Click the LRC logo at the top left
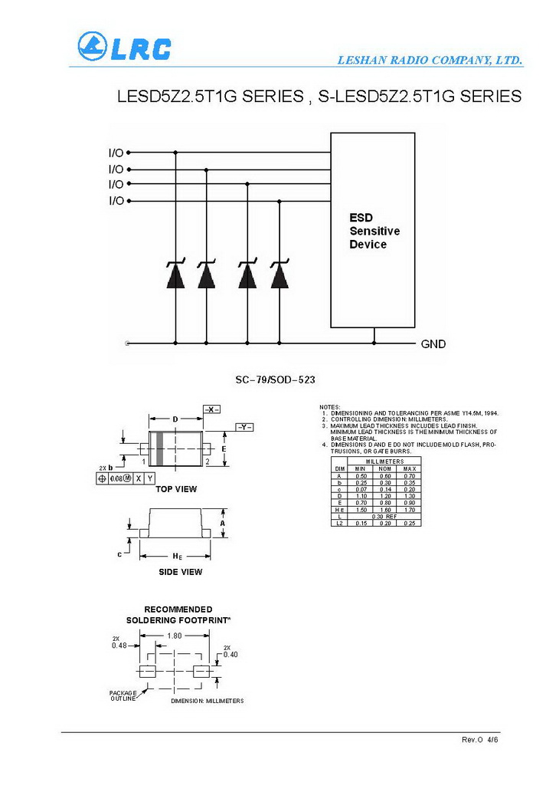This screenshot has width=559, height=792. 124,47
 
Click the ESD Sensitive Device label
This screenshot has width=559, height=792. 374,231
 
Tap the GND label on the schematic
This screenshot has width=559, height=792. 433,344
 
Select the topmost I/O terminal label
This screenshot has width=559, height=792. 116,153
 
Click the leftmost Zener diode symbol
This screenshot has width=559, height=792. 175,274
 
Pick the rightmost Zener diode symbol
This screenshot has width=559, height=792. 279,274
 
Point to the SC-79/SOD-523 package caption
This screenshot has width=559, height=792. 275,380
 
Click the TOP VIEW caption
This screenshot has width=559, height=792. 176,489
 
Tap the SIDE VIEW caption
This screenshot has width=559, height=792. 180,572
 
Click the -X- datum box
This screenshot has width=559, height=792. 212,410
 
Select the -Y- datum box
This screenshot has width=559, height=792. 244,426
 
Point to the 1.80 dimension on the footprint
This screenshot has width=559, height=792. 175,636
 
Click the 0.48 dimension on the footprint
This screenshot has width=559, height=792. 119,646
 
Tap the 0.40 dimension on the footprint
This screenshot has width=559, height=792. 230,654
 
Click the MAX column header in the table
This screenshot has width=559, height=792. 409,468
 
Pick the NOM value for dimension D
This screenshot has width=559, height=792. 385,496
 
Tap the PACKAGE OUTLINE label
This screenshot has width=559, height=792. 123,695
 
